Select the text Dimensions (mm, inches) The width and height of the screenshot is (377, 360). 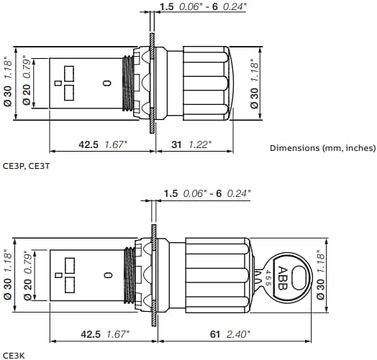click(322, 148)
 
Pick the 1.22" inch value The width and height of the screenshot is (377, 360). click(199, 144)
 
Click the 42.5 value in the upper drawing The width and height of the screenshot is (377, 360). click(90, 144)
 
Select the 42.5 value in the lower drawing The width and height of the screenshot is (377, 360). click(90, 334)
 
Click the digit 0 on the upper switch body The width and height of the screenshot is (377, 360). click(107, 84)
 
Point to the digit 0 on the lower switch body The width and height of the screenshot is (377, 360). click(107, 274)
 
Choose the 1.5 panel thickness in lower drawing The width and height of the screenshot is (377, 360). click(171, 193)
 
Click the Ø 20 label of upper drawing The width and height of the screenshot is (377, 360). click(27, 95)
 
